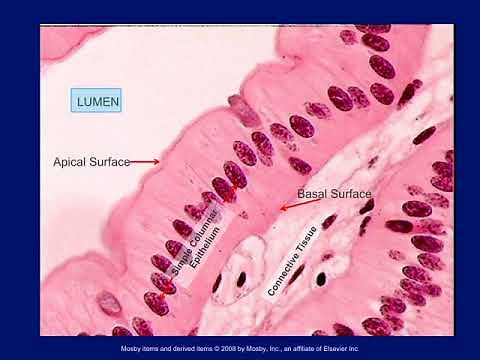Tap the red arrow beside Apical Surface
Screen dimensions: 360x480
point(144,161)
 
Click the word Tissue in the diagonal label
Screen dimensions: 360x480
point(325,228)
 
